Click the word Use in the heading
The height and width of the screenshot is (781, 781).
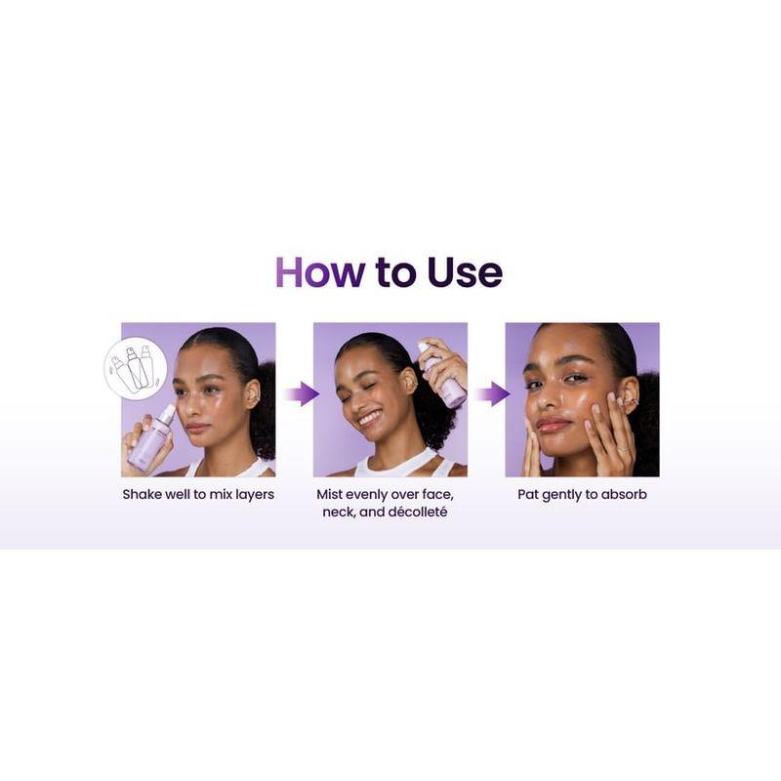464,272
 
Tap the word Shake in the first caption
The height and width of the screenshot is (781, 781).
143,494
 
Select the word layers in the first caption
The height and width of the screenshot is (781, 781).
252,494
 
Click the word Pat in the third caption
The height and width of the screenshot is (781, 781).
528,494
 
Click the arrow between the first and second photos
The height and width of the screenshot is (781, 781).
302,394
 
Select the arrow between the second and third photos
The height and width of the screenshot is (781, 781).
492,394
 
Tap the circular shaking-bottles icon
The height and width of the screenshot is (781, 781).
136,368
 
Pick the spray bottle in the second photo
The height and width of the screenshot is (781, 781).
444,376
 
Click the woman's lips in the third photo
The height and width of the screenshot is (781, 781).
555,425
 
